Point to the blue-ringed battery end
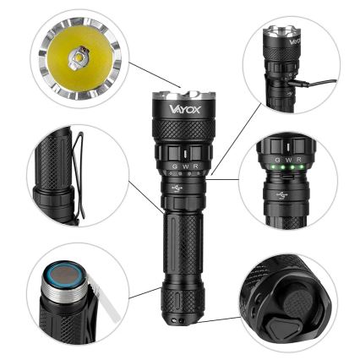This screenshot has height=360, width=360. point(64,276)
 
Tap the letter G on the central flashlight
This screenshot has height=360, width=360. point(173,166)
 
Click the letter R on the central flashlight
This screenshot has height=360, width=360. point(195,166)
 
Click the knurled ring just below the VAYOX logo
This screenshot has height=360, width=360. point(180,130)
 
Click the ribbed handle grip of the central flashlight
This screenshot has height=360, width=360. point(181,245)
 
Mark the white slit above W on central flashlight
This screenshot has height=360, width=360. point(184,154)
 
